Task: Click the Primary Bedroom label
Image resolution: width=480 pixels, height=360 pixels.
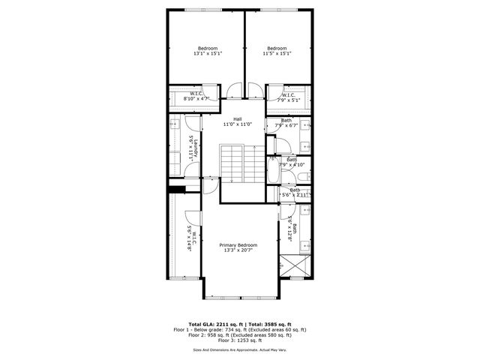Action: [x=238, y=245]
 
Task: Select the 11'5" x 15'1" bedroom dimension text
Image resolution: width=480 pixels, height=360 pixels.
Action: [x=277, y=54]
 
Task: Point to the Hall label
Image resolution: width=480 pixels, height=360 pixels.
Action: [x=237, y=119]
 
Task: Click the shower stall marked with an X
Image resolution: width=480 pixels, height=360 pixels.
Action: [x=289, y=265]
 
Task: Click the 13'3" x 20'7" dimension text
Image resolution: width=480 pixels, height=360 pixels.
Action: [x=238, y=250]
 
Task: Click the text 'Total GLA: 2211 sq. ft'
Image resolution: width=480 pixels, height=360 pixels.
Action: [x=205, y=324]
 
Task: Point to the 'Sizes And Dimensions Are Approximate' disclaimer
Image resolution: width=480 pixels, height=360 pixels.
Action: [x=240, y=349]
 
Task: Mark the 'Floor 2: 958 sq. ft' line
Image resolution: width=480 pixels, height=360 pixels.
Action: [x=240, y=334]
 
